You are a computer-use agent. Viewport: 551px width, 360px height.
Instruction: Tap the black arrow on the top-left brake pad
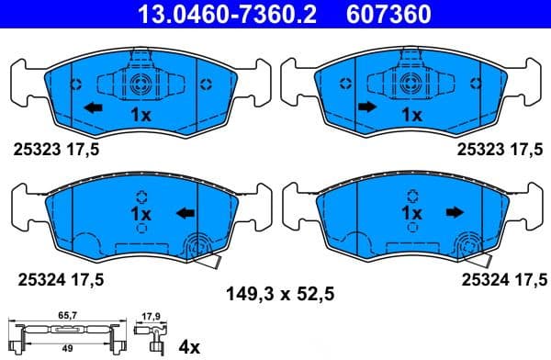pyautogui.click(x=92, y=109)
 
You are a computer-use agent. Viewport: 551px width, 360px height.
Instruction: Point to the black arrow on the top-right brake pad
pyautogui.click(x=366, y=108)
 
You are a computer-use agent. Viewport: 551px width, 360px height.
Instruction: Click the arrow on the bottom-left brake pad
pyautogui.click(x=185, y=214)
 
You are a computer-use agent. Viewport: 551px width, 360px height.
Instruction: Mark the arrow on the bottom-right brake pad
pyautogui.click(x=453, y=213)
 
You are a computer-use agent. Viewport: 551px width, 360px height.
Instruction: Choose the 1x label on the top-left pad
pyautogui.click(x=140, y=115)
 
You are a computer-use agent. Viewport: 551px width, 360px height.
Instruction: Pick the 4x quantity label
pyautogui.click(x=189, y=346)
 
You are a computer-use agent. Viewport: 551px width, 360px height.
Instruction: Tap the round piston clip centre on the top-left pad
pyautogui.click(x=140, y=85)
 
